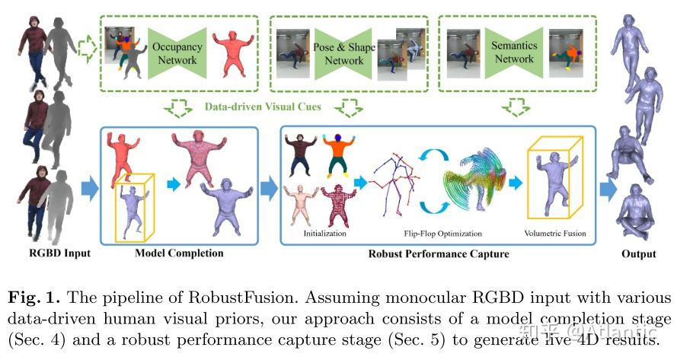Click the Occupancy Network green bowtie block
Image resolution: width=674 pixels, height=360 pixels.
[177, 53]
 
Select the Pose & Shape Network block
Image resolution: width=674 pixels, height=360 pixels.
[343, 54]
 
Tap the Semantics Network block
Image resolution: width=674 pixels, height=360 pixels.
[514, 53]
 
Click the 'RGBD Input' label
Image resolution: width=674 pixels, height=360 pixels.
[59, 253]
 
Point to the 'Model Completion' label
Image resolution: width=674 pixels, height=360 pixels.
[179, 253]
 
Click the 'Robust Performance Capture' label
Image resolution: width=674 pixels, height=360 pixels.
[439, 253]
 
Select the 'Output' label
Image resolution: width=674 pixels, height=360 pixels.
[639, 254]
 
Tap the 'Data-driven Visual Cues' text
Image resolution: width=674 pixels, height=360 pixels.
[263, 107]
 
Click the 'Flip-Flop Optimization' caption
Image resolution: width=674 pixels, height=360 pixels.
[442, 234]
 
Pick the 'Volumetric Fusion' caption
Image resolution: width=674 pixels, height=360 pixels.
[555, 233]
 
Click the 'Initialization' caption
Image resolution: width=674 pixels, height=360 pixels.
[324, 233]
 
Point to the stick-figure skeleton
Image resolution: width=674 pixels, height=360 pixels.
[394, 183]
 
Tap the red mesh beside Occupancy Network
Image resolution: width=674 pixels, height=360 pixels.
[233, 53]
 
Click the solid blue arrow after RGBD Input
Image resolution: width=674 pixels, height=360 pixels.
[90, 189]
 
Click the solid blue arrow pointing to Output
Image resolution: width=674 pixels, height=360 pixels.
[609, 189]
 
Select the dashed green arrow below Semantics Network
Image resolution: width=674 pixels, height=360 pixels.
[516, 107]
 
